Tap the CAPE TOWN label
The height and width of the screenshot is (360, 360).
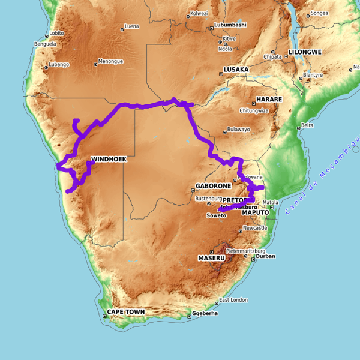point(126,312)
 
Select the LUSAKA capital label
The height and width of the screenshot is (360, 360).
point(236,70)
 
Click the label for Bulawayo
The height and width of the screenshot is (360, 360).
point(238,130)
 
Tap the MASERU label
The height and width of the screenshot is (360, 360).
point(211,258)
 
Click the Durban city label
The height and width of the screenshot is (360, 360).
point(265,256)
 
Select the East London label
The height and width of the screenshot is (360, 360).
point(233,300)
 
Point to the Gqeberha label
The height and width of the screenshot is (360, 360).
point(205,313)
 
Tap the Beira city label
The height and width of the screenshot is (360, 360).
point(307,125)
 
